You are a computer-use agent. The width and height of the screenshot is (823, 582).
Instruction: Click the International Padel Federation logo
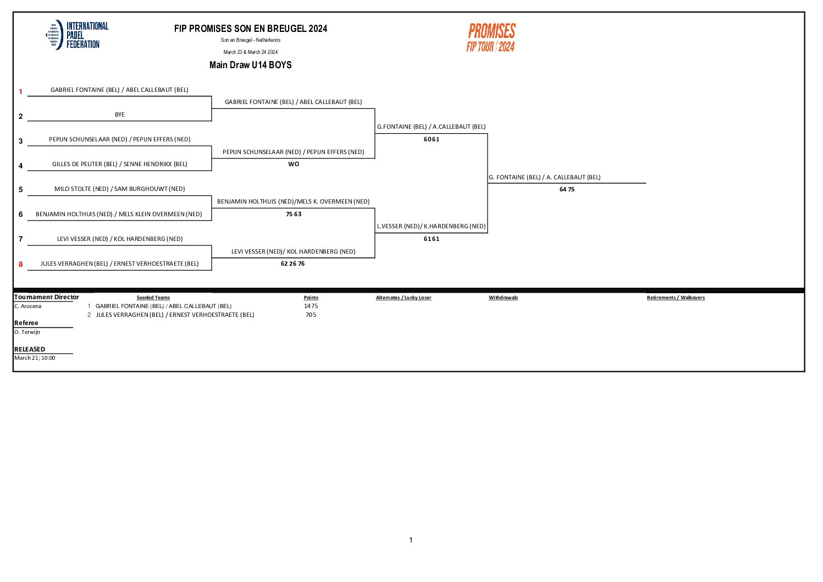pos(77,35)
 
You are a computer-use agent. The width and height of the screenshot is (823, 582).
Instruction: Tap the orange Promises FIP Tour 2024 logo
pos(491,38)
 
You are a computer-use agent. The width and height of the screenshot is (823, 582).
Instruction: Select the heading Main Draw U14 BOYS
pos(250,65)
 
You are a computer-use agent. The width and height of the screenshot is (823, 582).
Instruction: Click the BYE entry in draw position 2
pos(120,114)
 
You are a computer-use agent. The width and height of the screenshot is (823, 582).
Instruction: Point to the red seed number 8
pos(21,264)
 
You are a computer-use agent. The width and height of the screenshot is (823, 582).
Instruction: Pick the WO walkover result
pos(294,164)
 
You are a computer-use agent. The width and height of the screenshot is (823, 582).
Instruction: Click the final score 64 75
pos(567,189)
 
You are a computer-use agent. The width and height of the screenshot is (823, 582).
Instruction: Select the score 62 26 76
pos(292,263)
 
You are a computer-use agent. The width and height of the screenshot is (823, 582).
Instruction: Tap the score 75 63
pos(294,214)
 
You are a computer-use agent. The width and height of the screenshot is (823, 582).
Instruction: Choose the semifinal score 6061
pos(432,139)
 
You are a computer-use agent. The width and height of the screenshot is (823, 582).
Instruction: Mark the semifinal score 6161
pos(432,239)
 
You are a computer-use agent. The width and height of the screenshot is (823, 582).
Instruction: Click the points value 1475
pos(311,306)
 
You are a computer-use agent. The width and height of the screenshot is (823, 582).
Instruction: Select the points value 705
pos(311,315)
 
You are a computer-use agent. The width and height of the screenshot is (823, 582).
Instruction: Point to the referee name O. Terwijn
pos(27,332)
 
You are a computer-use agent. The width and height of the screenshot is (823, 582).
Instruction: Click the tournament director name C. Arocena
pos(28,306)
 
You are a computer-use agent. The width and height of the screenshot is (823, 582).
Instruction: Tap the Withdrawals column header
pos(503,298)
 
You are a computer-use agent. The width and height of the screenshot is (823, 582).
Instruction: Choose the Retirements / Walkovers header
pos(676,298)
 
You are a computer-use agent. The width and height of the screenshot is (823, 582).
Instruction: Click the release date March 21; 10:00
pos(35,358)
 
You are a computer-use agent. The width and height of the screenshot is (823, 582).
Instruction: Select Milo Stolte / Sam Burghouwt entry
pos(119,189)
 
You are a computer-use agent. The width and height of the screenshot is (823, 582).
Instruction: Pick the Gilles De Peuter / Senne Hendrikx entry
pos(119,164)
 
